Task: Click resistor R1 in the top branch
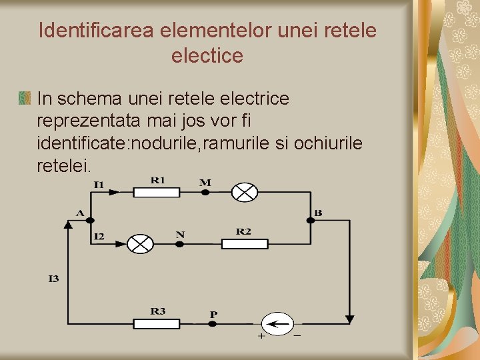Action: [x=157, y=192]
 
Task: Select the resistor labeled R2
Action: [x=245, y=244]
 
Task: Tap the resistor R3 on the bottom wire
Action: [x=157, y=324]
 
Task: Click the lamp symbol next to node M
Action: [x=244, y=192]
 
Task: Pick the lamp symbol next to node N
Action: [x=140, y=244]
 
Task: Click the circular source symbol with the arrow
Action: [x=277, y=324]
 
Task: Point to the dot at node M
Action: [x=205, y=192]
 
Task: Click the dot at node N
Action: [x=179, y=244]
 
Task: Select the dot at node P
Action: [x=213, y=324]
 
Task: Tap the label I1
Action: [x=99, y=184]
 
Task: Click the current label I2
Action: [x=99, y=236]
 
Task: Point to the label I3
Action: [x=53, y=279]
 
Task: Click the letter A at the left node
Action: [x=80, y=213]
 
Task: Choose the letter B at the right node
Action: [x=318, y=213]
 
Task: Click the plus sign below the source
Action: [x=261, y=337]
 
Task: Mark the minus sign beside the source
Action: [x=297, y=335]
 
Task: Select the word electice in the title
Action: [x=207, y=56]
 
